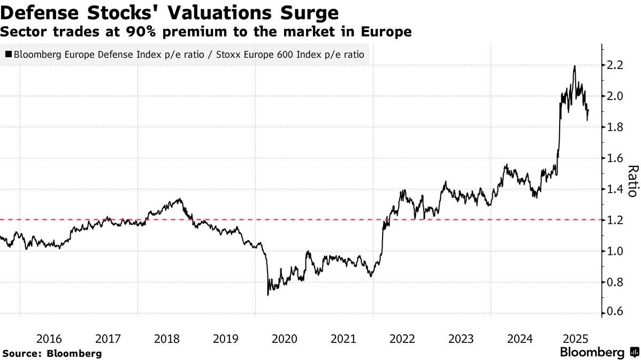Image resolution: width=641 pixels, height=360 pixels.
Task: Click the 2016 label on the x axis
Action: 49,339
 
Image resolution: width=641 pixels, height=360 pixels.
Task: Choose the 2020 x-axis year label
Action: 284,339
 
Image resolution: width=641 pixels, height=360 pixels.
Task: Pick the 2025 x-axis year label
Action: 577,339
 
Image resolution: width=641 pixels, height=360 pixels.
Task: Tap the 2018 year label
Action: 167,339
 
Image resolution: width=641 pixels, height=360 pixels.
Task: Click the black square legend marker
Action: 9,54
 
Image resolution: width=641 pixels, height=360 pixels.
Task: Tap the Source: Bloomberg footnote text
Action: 52,353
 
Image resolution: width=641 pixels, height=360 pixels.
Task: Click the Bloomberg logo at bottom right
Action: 598,353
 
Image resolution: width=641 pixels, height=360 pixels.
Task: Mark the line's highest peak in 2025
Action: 574,66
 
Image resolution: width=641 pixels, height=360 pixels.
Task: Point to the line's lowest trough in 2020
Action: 268,295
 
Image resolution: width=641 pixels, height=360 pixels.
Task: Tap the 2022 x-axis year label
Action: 401,339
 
